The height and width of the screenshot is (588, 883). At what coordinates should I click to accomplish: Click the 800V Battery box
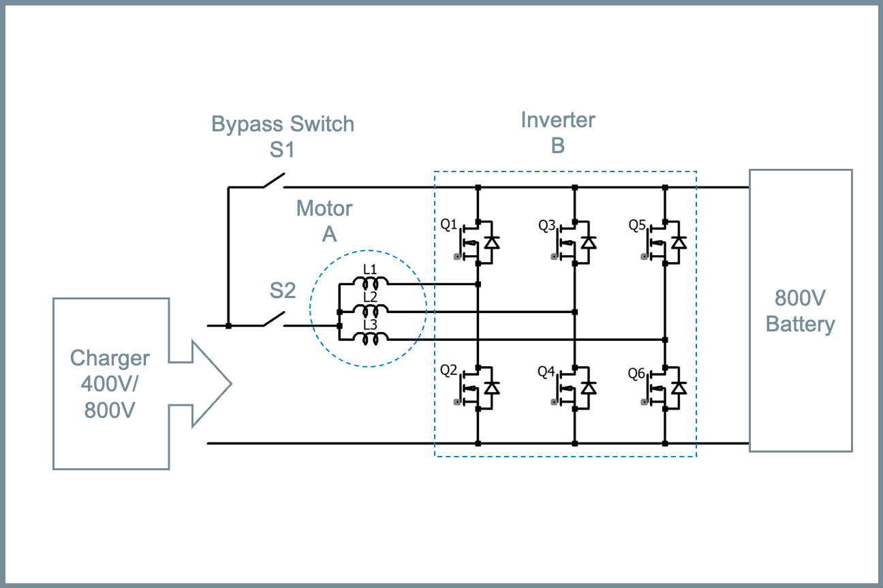[x=800, y=310]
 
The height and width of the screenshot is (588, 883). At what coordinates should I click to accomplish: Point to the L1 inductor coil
[x=370, y=283]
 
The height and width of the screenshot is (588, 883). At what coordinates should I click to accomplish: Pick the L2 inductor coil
[x=370, y=311]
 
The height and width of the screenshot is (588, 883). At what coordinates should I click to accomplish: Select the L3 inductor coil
[x=370, y=338]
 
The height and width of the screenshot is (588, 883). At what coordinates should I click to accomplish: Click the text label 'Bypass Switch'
[x=283, y=125]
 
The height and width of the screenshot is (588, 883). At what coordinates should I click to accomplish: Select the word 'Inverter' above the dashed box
[x=558, y=120]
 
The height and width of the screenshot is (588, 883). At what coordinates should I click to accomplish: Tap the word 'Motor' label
[x=324, y=209]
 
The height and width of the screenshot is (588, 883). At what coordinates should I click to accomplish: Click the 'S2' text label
[x=282, y=291]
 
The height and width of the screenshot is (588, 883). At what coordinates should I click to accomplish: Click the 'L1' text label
[x=370, y=269]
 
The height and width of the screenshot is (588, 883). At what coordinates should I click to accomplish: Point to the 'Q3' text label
[x=547, y=225]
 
